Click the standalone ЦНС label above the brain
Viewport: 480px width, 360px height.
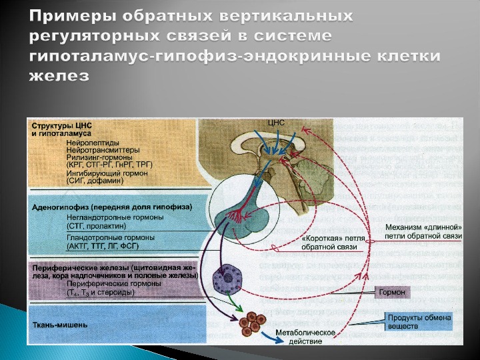coord(276,123)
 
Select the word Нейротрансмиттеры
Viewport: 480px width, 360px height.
coord(100,149)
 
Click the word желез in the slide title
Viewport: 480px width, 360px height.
coord(59,75)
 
